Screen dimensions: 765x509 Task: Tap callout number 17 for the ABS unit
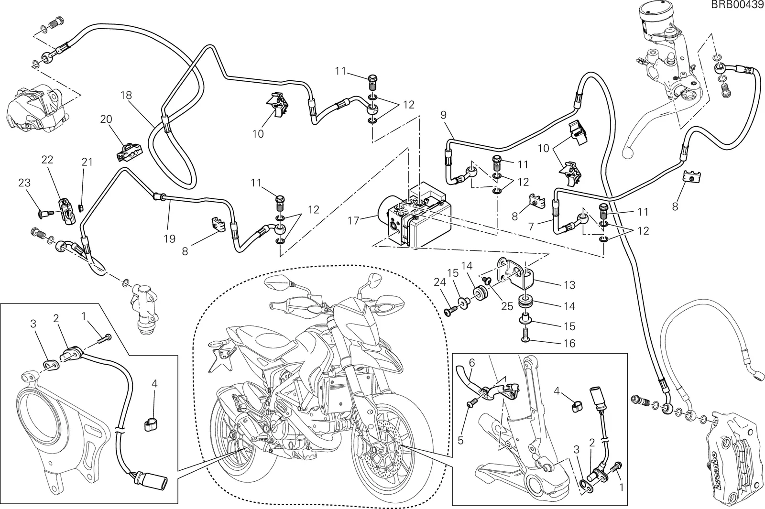353,220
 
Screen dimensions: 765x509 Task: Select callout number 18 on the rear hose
126,95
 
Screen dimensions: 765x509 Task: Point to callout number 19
169,238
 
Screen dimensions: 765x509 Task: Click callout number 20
106,119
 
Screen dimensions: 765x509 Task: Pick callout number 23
24,183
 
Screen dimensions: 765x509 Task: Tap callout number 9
443,115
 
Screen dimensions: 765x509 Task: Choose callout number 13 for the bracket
569,285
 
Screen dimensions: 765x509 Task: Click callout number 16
569,343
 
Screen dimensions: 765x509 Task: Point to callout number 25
507,306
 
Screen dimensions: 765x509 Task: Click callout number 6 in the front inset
471,363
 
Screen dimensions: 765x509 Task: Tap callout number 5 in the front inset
460,441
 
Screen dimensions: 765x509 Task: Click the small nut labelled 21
81,207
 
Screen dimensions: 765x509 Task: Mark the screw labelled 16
525,334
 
